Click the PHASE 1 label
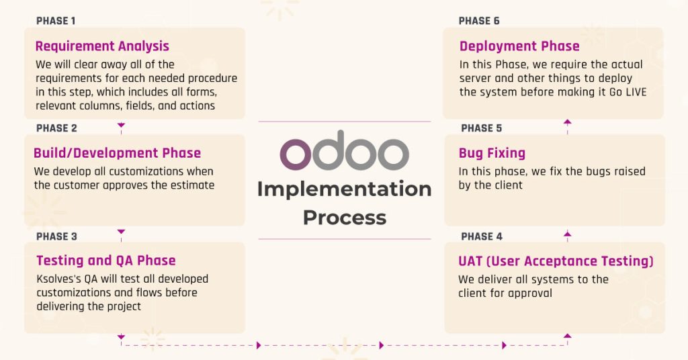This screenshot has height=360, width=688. (x=56, y=21)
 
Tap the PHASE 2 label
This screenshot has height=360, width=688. (x=56, y=128)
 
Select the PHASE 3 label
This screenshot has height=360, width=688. (x=56, y=236)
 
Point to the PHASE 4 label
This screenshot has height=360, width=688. (x=481, y=236)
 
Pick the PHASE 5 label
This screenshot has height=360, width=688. (x=481, y=128)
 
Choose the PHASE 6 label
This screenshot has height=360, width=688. (x=479, y=21)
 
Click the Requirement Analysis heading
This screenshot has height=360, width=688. (x=102, y=46)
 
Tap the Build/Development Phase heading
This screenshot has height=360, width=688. (x=117, y=153)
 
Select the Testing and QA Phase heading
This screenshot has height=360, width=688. (x=106, y=261)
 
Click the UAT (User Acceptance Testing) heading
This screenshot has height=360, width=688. (x=556, y=261)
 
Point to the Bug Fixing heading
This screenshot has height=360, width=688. (x=492, y=153)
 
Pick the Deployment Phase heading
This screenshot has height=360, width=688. (x=519, y=46)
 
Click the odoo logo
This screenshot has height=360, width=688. (x=344, y=154)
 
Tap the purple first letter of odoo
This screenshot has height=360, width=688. (x=295, y=154)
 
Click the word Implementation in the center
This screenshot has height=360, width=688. (x=344, y=189)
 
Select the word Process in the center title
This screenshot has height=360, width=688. (x=344, y=218)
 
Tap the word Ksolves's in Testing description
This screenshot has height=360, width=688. (x=58, y=279)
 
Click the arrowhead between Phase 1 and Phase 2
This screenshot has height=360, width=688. (x=121, y=125)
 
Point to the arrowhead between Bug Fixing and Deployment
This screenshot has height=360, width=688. (x=567, y=122)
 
